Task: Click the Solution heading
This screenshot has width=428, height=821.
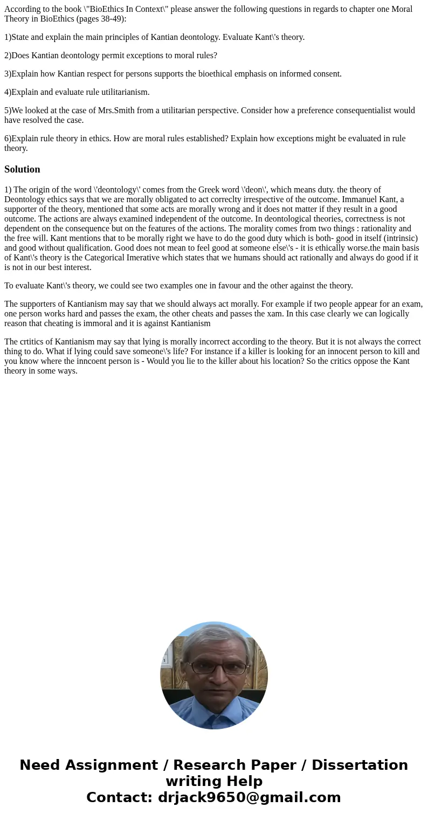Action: point(22,169)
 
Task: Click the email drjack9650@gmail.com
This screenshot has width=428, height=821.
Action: point(249,798)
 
